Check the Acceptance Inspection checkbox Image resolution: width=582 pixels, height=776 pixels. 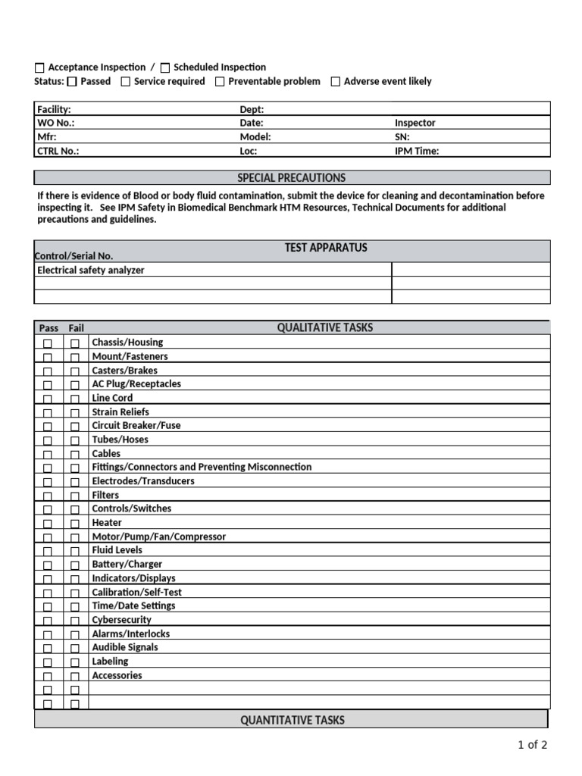[x=40, y=68]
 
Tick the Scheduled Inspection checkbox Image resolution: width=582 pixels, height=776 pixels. [x=166, y=68]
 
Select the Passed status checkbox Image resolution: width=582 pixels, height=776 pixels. [x=72, y=82]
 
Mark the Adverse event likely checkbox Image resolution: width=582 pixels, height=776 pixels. [x=336, y=82]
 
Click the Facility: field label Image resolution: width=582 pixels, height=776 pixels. [x=54, y=109]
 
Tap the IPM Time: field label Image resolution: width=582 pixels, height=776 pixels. [x=416, y=151]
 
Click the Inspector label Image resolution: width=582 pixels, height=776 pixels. [x=415, y=123]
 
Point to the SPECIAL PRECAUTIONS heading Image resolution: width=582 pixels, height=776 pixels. [x=291, y=178]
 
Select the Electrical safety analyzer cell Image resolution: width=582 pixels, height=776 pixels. [x=91, y=270]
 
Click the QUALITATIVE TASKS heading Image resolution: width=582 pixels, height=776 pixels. [x=324, y=327]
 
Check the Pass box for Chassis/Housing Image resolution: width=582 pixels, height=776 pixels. [x=48, y=343]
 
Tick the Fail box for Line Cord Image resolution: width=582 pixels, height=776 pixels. [x=75, y=399]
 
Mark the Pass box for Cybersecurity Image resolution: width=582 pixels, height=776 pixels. [x=48, y=621]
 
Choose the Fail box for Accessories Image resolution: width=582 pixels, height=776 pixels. [x=75, y=676]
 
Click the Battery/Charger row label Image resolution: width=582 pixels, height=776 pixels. [x=127, y=564]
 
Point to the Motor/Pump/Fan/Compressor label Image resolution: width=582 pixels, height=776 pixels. [x=158, y=537]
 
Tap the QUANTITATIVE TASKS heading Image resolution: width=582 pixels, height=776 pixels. [x=292, y=720]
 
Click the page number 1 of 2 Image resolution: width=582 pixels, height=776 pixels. [x=532, y=745]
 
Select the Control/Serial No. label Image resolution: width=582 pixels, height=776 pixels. [x=75, y=256]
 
